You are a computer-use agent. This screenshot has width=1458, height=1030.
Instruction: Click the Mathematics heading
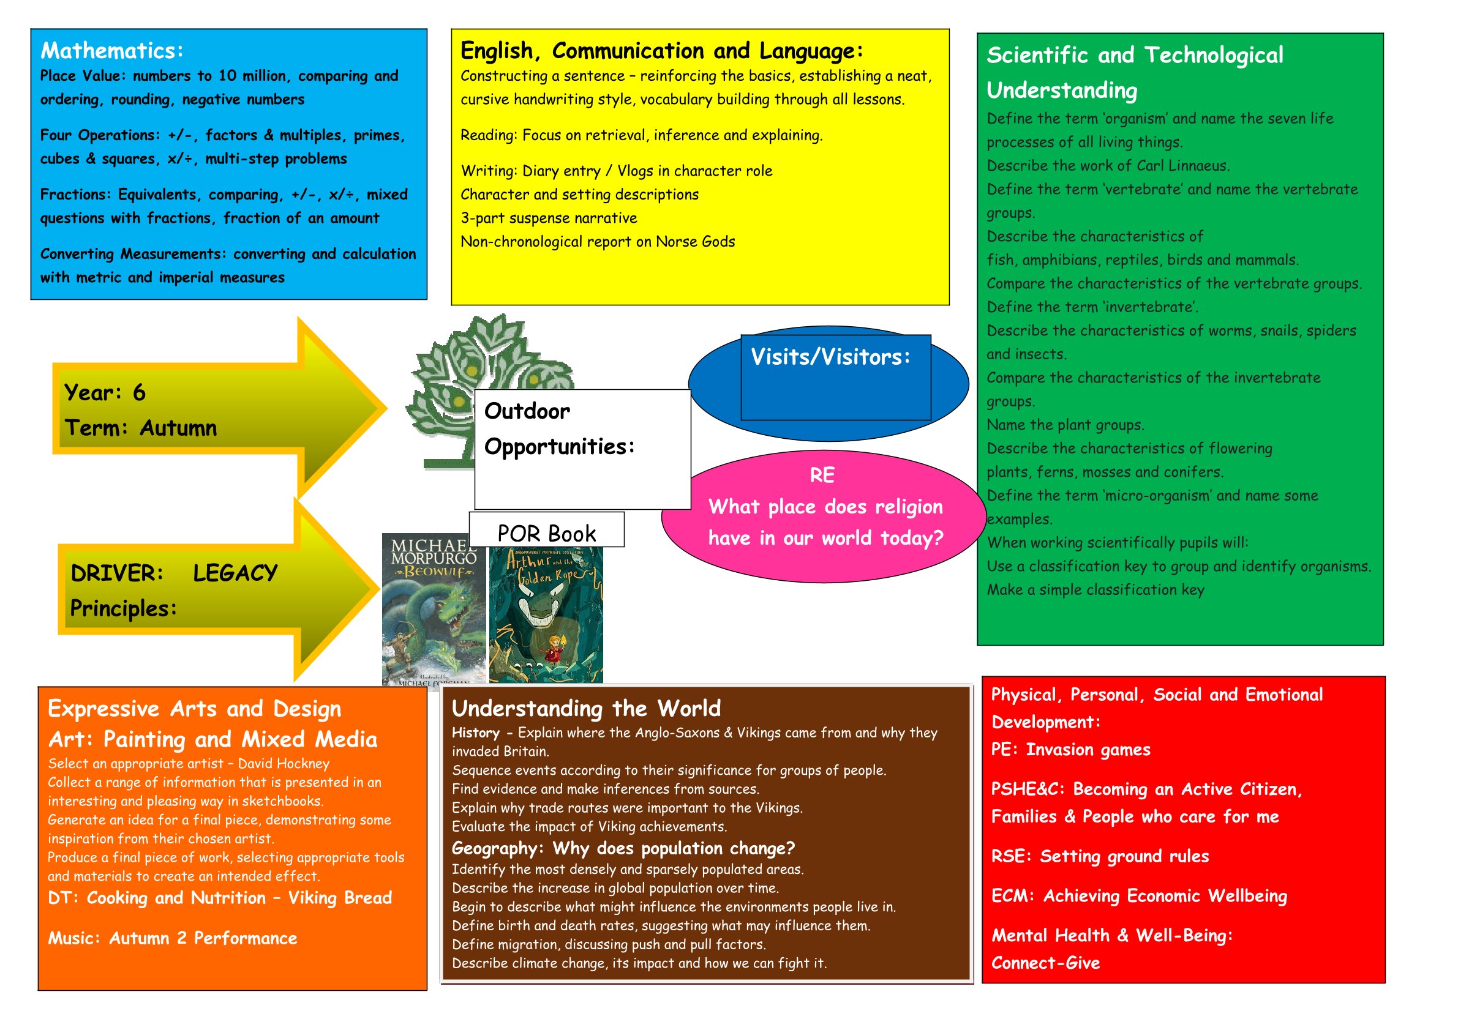tap(112, 51)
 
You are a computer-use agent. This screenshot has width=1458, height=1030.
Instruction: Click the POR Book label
tap(546, 533)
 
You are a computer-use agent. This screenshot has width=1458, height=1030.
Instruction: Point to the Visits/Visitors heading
tap(830, 357)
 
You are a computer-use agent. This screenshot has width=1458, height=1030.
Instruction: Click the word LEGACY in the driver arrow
tap(235, 573)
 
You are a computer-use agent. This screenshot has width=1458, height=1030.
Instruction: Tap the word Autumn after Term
tap(178, 428)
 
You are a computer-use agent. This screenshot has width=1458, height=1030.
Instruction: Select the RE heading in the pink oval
tap(822, 476)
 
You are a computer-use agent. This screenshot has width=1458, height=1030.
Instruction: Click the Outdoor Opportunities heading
tap(559, 429)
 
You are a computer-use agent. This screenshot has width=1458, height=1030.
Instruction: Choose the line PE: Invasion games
tap(1070, 750)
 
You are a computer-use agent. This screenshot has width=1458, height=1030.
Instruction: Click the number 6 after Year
tap(139, 393)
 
